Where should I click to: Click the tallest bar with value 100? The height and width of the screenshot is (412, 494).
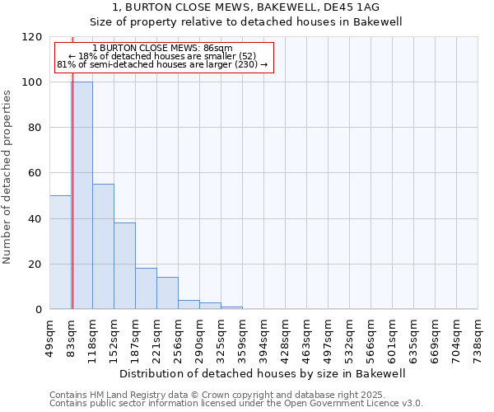click(x=82, y=195)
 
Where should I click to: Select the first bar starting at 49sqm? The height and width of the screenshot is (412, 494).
click(x=60, y=252)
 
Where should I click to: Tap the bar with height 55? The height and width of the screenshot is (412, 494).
click(x=103, y=246)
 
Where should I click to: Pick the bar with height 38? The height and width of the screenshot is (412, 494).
click(x=124, y=265)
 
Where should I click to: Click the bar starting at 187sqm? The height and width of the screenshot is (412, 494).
click(x=146, y=288)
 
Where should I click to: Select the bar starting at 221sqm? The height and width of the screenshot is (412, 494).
click(x=167, y=293)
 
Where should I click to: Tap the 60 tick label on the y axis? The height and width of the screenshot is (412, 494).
click(x=35, y=173)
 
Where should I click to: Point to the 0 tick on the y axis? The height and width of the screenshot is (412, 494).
click(x=39, y=310)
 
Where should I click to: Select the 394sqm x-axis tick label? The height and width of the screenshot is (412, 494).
click(x=263, y=336)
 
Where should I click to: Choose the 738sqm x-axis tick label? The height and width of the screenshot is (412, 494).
click(x=478, y=336)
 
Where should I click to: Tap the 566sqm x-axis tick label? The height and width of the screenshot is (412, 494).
click(x=370, y=336)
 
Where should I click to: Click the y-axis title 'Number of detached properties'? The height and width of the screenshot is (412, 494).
click(x=7, y=177)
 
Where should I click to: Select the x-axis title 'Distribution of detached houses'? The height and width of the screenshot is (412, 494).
click(x=263, y=374)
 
